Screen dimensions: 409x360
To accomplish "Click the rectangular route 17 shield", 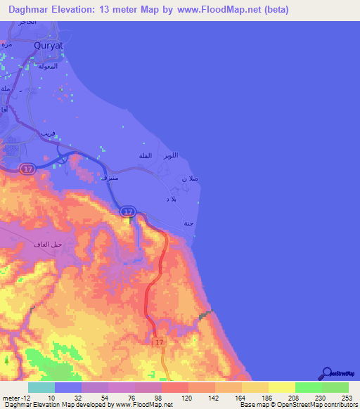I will (159, 340).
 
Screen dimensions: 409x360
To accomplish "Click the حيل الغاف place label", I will (49, 244).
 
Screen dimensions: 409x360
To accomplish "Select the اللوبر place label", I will (170, 155).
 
